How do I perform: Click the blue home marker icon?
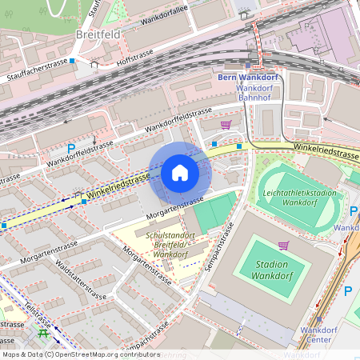coord(180,173)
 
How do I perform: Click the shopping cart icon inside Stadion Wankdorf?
coord(283,245)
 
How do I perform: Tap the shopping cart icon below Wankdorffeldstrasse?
coord(226,125)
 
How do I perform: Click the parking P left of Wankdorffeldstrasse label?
coord(71,148)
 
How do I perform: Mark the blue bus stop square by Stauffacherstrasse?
coord(72,60)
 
